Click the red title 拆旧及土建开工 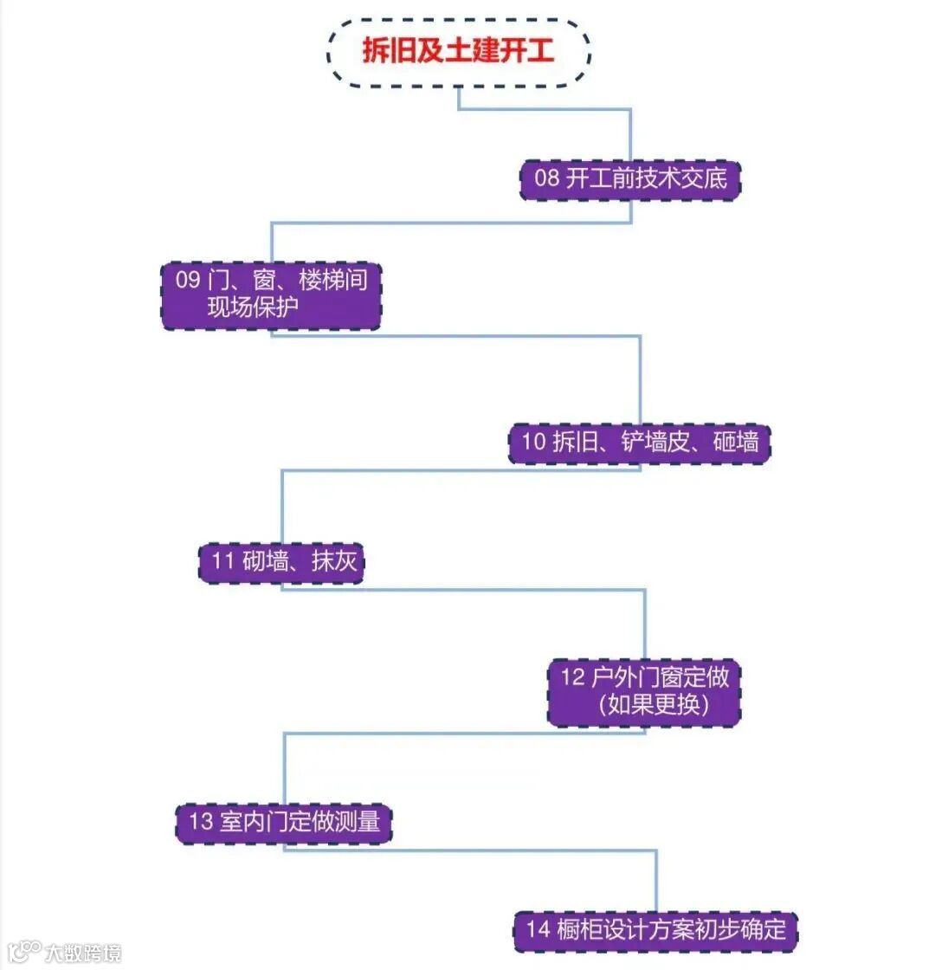[458, 52]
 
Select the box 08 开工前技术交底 [629, 180]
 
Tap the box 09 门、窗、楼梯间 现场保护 [271, 295]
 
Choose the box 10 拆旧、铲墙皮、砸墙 [639, 443]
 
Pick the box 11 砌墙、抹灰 [282, 561]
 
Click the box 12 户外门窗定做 [644, 691]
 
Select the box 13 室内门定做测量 [284, 821]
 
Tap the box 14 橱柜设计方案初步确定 [654, 930]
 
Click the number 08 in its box [546, 180]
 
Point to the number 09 [188, 281]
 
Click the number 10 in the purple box [533, 443]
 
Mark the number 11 [223, 561]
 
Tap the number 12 [573, 677]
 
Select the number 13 [201, 821]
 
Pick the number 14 [538, 930]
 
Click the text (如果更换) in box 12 [654, 705]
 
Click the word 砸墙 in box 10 [736, 443]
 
